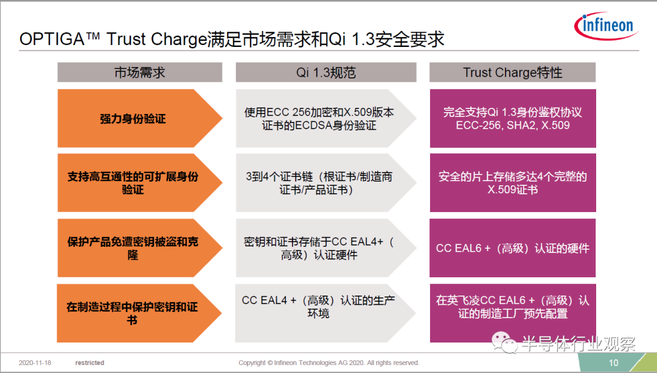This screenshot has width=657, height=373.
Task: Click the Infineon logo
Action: click(606, 26)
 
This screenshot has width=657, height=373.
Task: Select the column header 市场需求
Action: click(139, 72)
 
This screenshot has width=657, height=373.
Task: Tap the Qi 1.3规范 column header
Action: click(326, 72)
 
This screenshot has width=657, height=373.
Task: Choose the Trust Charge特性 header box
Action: click(512, 72)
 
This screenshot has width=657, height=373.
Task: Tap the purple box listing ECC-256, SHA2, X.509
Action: click(513, 118)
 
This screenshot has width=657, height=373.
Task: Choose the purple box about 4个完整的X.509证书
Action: click(513, 183)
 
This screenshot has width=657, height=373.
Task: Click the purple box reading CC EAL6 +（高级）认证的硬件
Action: click(512, 248)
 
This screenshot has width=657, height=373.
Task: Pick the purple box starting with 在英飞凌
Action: click(513, 313)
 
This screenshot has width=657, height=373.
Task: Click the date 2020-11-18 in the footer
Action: click(35, 363)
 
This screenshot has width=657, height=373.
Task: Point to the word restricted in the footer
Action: click(89, 363)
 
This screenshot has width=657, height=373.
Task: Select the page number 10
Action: click(613, 363)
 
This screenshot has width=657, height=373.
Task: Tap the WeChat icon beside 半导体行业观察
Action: click(504, 343)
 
